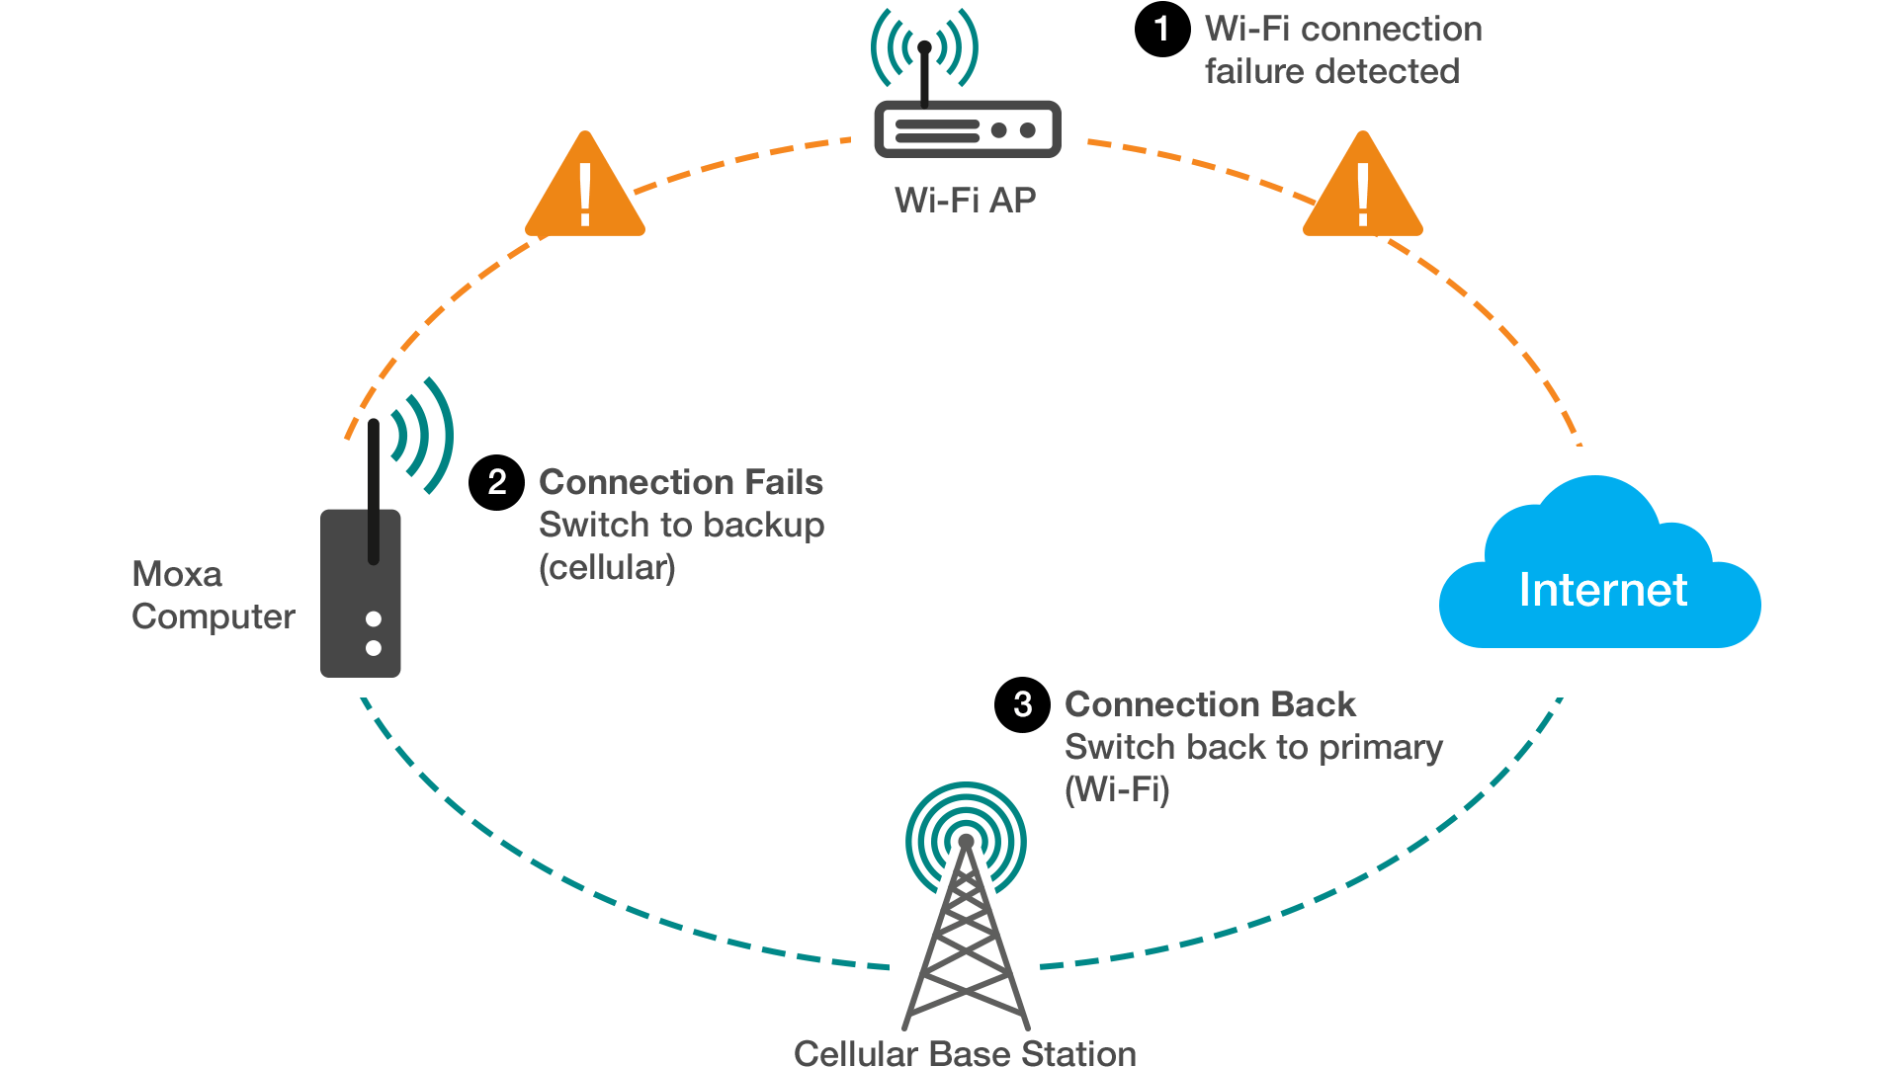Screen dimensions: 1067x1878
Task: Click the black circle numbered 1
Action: (x=1161, y=29)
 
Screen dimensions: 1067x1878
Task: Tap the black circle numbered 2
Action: (x=496, y=482)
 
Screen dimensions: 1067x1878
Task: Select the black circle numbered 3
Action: (x=1022, y=704)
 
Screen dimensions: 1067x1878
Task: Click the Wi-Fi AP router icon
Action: (x=968, y=128)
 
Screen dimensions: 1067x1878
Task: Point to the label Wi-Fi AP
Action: (x=965, y=201)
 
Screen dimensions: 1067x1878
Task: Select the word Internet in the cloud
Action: (x=1602, y=590)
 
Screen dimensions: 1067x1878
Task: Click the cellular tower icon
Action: (x=966, y=919)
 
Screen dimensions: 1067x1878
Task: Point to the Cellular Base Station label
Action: (x=965, y=1052)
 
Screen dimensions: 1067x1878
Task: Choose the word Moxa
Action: (x=177, y=574)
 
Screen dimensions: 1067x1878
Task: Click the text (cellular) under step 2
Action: (x=607, y=567)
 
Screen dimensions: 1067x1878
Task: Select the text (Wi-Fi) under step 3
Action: (x=1117, y=789)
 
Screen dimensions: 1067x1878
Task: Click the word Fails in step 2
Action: (x=783, y=482)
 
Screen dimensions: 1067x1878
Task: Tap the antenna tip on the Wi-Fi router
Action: (x=924, y=46)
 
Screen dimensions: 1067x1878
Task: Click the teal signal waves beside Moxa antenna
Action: (x=423, y=435)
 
